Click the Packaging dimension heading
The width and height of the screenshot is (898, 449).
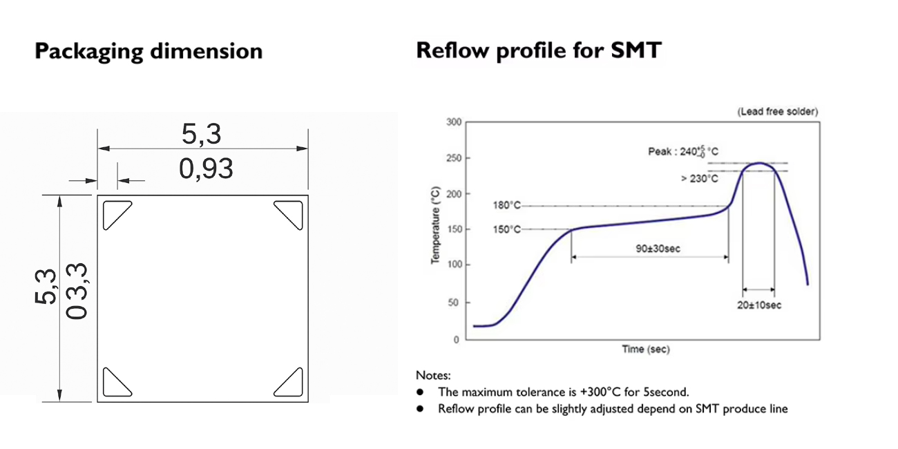149,52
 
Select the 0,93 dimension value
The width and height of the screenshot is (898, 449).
206,168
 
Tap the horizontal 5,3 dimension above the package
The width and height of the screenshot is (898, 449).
202,134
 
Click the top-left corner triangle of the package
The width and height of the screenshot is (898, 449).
115,213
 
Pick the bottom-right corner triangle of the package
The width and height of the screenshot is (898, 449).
290,383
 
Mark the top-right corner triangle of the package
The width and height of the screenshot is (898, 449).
290,213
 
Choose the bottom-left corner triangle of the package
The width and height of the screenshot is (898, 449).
115,383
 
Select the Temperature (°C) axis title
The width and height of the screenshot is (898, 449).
436,224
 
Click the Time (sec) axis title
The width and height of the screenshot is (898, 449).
646,350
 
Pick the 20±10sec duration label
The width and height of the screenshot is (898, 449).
759,305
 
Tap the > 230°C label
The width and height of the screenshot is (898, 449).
699,179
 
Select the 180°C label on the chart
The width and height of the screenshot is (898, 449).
506,206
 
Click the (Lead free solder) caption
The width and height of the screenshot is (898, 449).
777,111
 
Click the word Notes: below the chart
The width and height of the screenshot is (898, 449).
433,376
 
